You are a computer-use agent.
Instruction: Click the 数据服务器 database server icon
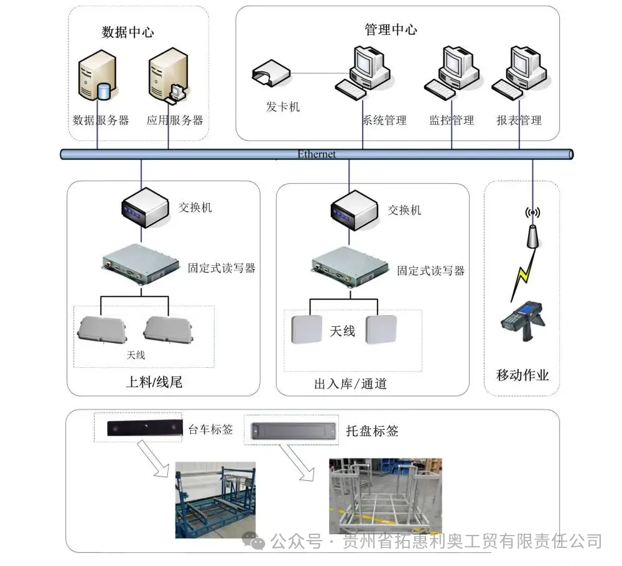coord(98,75)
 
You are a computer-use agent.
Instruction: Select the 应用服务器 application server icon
coord(168,75)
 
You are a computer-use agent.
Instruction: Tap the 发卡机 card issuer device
coord(271,73)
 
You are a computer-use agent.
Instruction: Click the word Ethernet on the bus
coord(317,154)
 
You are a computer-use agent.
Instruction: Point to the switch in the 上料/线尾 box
coord(145,208)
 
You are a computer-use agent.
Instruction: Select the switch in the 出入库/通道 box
coord(354,210)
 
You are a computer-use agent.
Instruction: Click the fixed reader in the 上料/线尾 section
coord(141,263)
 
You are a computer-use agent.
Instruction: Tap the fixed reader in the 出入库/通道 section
coord(350,267)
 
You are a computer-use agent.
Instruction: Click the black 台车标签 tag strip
coord(145,427)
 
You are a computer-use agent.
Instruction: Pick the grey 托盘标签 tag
coord(294,431)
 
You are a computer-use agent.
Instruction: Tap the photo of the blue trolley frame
coord(215,500)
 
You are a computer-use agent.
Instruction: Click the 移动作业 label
coord(522,375)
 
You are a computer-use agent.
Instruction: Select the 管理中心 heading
coord(391,29)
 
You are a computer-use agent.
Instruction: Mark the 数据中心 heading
coord(128,32)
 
